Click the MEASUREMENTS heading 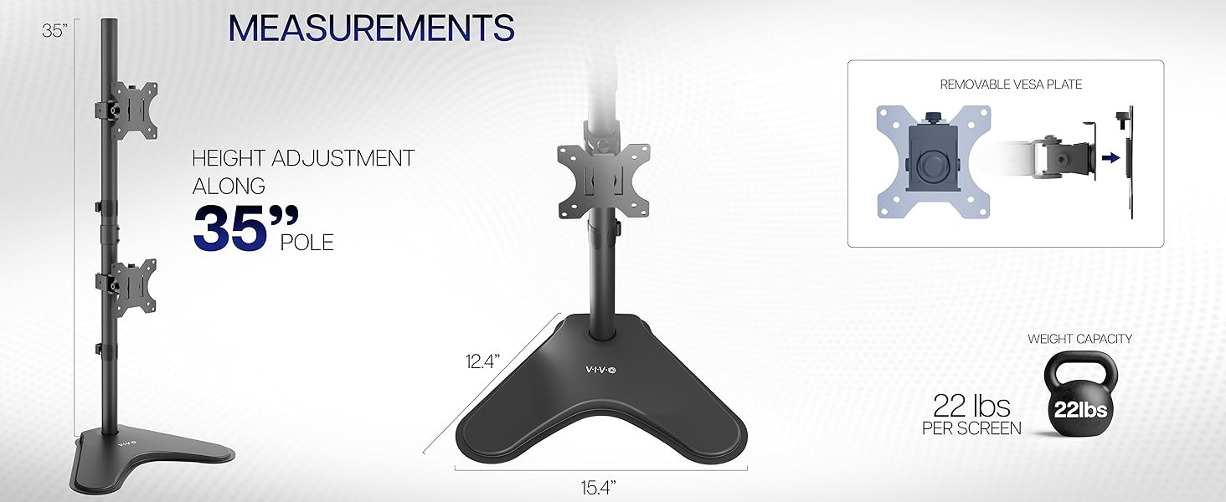[x=371, y=28]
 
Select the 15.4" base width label [x=601, y=485]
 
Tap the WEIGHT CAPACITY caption [x=1079, y=339]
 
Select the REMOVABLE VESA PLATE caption [x=1011, y=85]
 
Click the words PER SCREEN [x=971, y=428]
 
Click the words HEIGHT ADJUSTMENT [x=303, y=158]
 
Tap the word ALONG [x=229, y=186]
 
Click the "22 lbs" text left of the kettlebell [x=971, y=407]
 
